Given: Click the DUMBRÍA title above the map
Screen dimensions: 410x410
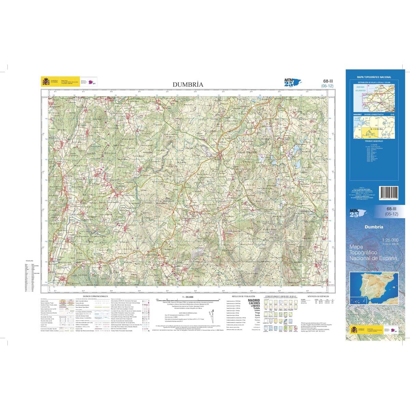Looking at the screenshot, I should pos(188,84).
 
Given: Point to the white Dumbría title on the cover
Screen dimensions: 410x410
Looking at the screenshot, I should pos(373,227).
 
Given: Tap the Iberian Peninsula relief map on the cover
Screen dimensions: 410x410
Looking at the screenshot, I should pos(374,284).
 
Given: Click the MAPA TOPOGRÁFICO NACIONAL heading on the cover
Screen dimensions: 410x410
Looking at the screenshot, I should pos(374,78).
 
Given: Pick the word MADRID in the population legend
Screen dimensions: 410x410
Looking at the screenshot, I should pos(254,300).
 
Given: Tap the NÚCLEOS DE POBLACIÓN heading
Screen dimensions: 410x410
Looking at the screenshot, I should pos(243,296).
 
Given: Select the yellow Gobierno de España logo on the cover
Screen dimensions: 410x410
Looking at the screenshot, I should pos(354,330).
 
